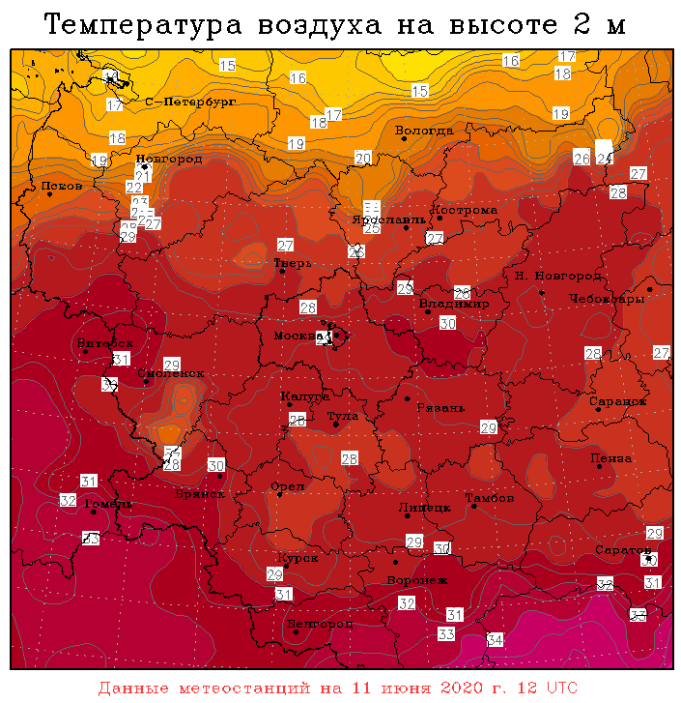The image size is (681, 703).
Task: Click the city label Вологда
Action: click(x=424, y=131)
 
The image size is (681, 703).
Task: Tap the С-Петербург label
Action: click(x=190, y=102)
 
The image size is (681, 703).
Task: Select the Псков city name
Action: click(x=62, y=186)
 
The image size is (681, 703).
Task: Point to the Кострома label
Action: click(x=464, y=210)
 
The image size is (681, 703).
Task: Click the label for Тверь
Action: click(x=292, y=262)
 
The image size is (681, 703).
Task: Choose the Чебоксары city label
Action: click(x=607, y=299)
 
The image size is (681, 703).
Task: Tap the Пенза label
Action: click(x=610, y=458)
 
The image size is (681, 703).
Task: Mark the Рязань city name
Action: click(x=440, y=408)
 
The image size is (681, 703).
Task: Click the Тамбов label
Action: click(x=489, y=499)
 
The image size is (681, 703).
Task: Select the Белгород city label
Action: click(x=322, y=625)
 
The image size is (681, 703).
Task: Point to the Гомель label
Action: click(x=101, y=504)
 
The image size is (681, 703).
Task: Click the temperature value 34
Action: click(x=496, y=640)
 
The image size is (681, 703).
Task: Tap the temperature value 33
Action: click(x=446, y=634)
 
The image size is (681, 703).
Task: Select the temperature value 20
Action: click(x=363, y=158)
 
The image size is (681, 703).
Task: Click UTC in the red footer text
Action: click(x=560, y=688)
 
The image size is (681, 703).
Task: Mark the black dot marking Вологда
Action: click(x=404, y=139)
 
